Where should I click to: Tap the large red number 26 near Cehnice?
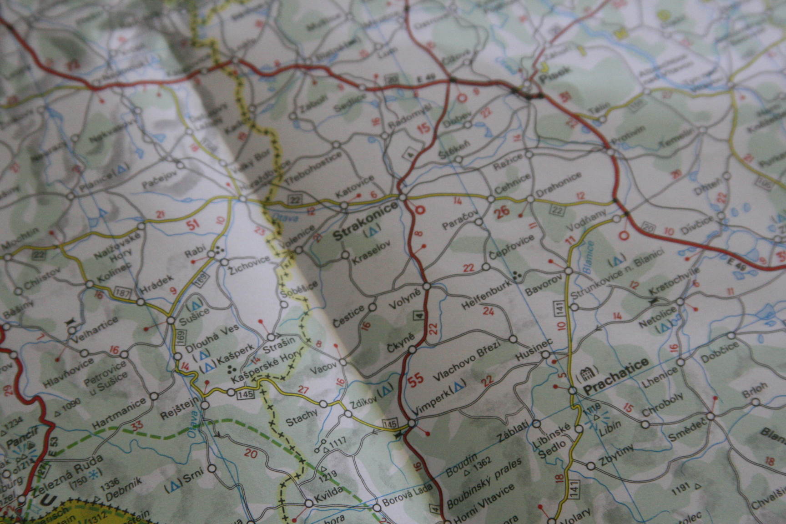coord(503,212)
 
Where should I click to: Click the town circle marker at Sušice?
coord(171,320)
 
